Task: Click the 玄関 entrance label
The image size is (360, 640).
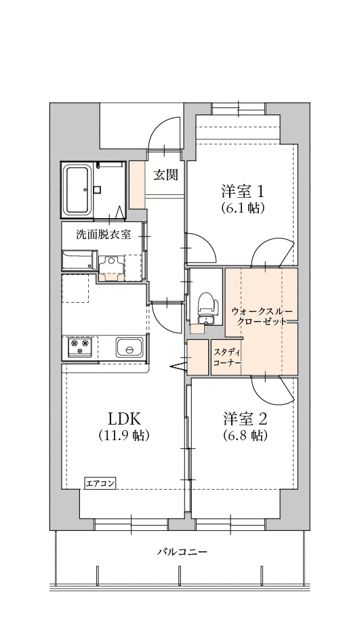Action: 166,175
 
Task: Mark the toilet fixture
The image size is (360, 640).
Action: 207,307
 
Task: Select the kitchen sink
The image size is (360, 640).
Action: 127,348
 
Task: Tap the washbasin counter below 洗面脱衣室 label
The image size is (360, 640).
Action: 76,263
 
